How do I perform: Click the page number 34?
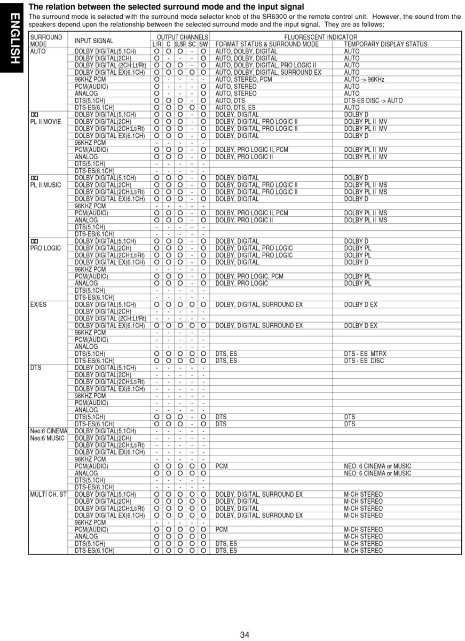pyautogui.click(x=245, y=635)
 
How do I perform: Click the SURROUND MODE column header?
pyautogui.click(x=46, y=41)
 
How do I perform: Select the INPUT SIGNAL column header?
pyautogui.click(x=94, y=41)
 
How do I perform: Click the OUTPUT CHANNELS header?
pyautogui.click(x=179, y=37)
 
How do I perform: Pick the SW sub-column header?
pyautogui.click(x=203, y=44)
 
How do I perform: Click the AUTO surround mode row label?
pyautogui.click(x=38, y=51)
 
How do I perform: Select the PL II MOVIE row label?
pyautogui.click(x=45, y=121)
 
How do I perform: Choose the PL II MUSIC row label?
pyautogui.click(x=45, y=185)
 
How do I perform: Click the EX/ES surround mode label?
pyautogui.click(x=39, y=304)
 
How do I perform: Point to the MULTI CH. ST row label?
pyautogui.click(x=48, y=495)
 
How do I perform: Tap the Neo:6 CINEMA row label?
pyautogui.click(x=49, y=431)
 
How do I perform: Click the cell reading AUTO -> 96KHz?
pyautogui.click(x=364, y=80)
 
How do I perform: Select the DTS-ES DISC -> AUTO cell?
pyautogui.click(x=373, y=100)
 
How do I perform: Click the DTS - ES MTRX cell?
pyautogui.click(x=366, y=354)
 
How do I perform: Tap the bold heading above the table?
pyautogui.click(x=166, y=7)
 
